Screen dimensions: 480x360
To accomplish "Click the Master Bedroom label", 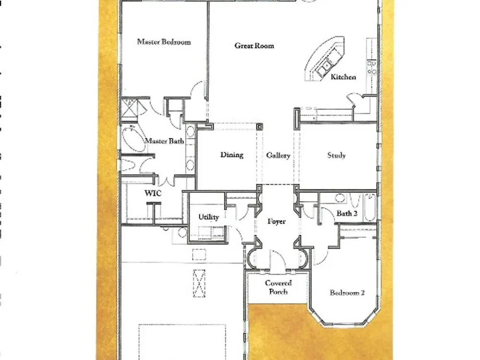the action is click(x=164, y=42).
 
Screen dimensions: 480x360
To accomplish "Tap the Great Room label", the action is click(x=254, y=46).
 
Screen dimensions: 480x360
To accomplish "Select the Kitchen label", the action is click(x=343, y=77).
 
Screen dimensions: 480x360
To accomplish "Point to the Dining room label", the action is click(x=232, y=155).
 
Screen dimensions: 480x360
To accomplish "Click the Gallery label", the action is click(x=278, y=156).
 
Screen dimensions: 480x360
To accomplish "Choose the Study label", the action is click(x=336, y=156).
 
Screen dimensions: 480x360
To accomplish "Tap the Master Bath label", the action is click(x=164, y=141).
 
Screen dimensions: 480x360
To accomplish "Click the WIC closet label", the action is click(x=153, y=193).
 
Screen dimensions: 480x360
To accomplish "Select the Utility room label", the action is click(x=208, y=217).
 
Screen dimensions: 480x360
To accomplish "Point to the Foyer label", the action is click(x=276, y=222).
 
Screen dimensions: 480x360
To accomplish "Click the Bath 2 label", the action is click(x=347, y=214).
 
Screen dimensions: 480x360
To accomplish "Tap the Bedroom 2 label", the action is click(x=347, y=293).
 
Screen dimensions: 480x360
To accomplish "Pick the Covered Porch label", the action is click(x=278, y=288).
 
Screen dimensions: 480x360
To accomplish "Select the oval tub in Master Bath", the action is click(x=133, y=139).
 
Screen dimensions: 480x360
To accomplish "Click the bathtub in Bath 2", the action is click(x=370, y=207).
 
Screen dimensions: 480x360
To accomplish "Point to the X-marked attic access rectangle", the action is click(x=199, y=284).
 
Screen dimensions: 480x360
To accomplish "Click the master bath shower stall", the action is click(x=130, y=107).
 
